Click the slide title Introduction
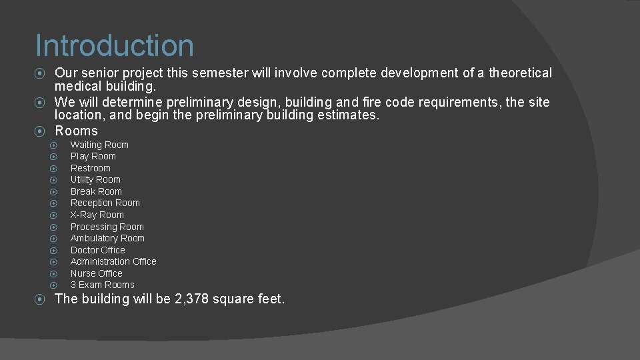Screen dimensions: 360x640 point(115,46)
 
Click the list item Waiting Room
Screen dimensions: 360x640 point(99,145)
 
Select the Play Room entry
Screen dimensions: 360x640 point(93,157)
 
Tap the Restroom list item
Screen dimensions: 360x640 point(91,168)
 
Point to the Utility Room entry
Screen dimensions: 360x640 point(95,180)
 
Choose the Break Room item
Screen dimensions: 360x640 point(96,191)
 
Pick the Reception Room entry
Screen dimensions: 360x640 point(105,203)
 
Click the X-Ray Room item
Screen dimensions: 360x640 point(97,215)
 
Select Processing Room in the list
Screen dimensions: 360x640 point(107,227)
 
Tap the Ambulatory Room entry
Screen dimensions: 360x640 point(107,238)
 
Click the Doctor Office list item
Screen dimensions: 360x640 point(98,250)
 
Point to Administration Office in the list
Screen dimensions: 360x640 point(113,261)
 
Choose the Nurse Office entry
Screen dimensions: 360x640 point(97,273)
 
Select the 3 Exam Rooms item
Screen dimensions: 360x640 point(103,285)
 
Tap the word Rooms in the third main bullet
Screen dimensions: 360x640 point(76,131)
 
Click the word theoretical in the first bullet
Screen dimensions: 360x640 point(520,73)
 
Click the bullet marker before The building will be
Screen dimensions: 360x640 point(40,299)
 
